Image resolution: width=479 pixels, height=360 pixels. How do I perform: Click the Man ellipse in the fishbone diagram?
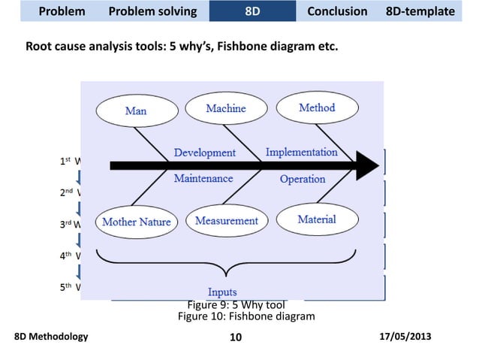135,111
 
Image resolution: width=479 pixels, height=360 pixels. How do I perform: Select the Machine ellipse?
225,109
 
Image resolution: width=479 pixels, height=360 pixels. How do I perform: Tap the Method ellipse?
317,108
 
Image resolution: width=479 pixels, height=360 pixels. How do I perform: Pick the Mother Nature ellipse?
136,222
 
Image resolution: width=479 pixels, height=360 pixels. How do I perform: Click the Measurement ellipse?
226,221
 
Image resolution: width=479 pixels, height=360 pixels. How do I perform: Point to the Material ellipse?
316,219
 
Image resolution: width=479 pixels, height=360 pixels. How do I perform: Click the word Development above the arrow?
204,153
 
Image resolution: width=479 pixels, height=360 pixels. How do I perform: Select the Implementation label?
302,152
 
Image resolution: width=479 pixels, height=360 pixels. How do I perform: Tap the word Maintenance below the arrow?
203,179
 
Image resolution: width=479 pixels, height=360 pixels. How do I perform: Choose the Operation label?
302,180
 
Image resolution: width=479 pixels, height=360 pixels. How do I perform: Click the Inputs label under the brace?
221,292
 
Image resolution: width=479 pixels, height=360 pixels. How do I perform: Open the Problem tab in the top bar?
62,11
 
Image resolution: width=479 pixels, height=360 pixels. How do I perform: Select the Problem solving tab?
152,11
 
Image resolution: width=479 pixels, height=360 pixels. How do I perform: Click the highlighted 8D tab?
253,11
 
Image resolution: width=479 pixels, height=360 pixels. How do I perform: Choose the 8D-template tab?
420,11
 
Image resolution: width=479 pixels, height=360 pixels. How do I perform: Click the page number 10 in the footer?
235,337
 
